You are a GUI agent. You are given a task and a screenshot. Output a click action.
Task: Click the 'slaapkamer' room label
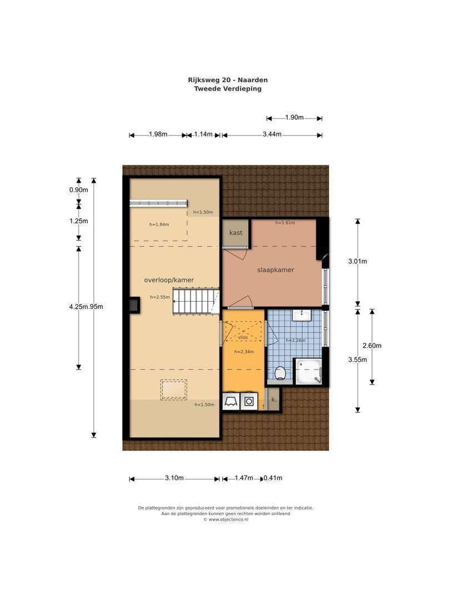[275, 270]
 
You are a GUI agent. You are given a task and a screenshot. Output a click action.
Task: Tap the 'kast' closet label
[236, 233]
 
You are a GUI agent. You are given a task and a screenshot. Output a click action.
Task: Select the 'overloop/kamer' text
[169, 280]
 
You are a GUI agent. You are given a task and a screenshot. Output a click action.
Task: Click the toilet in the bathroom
[281, 372]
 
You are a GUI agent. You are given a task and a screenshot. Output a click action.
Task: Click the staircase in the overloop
[194, 301]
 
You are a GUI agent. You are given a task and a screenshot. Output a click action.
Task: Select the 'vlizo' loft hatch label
[243, 337]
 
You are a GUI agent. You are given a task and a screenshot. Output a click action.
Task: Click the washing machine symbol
[249, 401]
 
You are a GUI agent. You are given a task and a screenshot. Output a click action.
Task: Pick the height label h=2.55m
[159, 297]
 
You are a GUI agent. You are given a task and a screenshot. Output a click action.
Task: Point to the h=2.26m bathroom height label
[295, 341]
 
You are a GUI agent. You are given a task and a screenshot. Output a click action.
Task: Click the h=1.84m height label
[159, 224]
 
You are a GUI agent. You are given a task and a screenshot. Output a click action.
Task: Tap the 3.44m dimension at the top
[272, 134]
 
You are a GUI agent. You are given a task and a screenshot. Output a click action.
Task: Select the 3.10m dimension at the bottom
[174, 478]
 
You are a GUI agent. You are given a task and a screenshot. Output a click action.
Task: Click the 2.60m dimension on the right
[375, 346]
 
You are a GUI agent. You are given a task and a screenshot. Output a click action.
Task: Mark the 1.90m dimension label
[294, 117]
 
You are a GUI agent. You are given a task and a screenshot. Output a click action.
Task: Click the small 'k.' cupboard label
[273, 399]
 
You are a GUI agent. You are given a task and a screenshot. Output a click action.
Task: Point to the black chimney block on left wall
[134, 305]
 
